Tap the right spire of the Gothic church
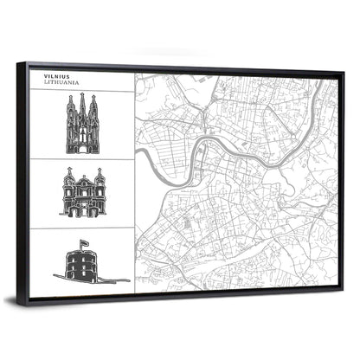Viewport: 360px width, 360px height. (x=93, y=107)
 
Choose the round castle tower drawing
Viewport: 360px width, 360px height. (x=84, y=262)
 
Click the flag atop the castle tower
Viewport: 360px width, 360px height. (x=85, y=244)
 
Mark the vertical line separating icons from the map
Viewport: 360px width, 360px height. (x=134, y=182)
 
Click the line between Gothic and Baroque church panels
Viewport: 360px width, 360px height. (x=81, y=159)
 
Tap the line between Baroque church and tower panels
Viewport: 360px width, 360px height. (x=81, y=227)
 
